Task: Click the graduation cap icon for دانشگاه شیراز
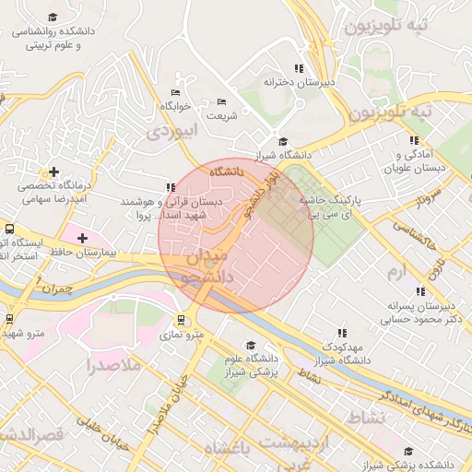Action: pyautogui.click(x=284, y=141)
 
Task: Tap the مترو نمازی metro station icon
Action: pyautogui.click(x=182, y=321)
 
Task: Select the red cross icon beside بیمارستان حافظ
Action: pyautogui.click(x=82, y=238)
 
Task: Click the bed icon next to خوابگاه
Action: pyautogui.click(x=175, y=93)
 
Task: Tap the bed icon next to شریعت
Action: pyautogui.click(x=220, y=102)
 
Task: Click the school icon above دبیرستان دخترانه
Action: pyautogui.click(x=298, y=68)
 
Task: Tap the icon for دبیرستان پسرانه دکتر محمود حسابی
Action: pyautogui.click(x=420, y=291)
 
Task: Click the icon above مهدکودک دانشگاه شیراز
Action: pyautogui.click(x=342, y=333)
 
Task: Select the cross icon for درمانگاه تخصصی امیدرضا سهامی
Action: pyautogui.click(x=54, y=171)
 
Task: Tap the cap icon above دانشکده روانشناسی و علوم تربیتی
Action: pyautogui.click(x=53, y=18)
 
